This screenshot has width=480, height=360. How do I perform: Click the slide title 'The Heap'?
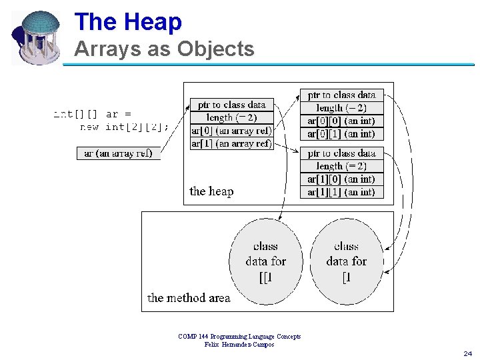128,22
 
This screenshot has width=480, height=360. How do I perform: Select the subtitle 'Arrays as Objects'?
164,49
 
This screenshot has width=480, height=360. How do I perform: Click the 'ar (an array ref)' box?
118,153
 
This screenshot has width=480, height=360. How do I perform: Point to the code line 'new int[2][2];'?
124,126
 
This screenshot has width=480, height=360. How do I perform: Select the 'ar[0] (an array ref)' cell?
231,131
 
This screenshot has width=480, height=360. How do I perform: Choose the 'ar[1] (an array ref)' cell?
231,143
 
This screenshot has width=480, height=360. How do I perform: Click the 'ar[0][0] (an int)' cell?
341,121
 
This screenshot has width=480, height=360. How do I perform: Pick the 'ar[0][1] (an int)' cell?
341,133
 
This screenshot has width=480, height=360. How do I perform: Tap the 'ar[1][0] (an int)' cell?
341,179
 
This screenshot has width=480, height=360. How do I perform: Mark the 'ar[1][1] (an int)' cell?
341,192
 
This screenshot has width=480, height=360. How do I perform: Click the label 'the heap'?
211,191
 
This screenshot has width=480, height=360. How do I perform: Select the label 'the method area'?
189,298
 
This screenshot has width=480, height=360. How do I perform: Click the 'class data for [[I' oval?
265,261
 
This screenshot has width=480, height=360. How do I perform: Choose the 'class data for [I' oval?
346,261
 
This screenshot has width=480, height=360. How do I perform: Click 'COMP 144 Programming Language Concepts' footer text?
239,337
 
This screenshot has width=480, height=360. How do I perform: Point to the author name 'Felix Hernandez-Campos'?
239,344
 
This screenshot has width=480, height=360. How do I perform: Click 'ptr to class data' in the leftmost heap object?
231,105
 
